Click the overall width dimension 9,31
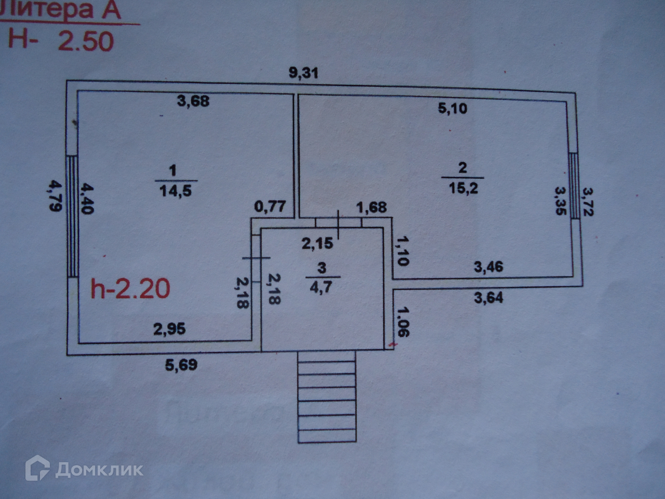pos(303,73)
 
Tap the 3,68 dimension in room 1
pos(193,100)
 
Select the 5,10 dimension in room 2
pos(453,109)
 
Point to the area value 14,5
pos(175,191)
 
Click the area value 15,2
pos(463,188)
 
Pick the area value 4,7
pos(321,287)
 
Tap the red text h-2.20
pos(130,289)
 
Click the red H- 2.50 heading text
pos(61,40)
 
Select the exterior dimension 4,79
pos(55,195)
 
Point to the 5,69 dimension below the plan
pos(181,365)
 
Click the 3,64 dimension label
pos(488,298)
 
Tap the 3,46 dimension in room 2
pos(488,267)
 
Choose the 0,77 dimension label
pos(270,206)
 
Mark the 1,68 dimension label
pos(371,207)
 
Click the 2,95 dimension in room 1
pos(169,329)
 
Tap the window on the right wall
pos(574,186)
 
